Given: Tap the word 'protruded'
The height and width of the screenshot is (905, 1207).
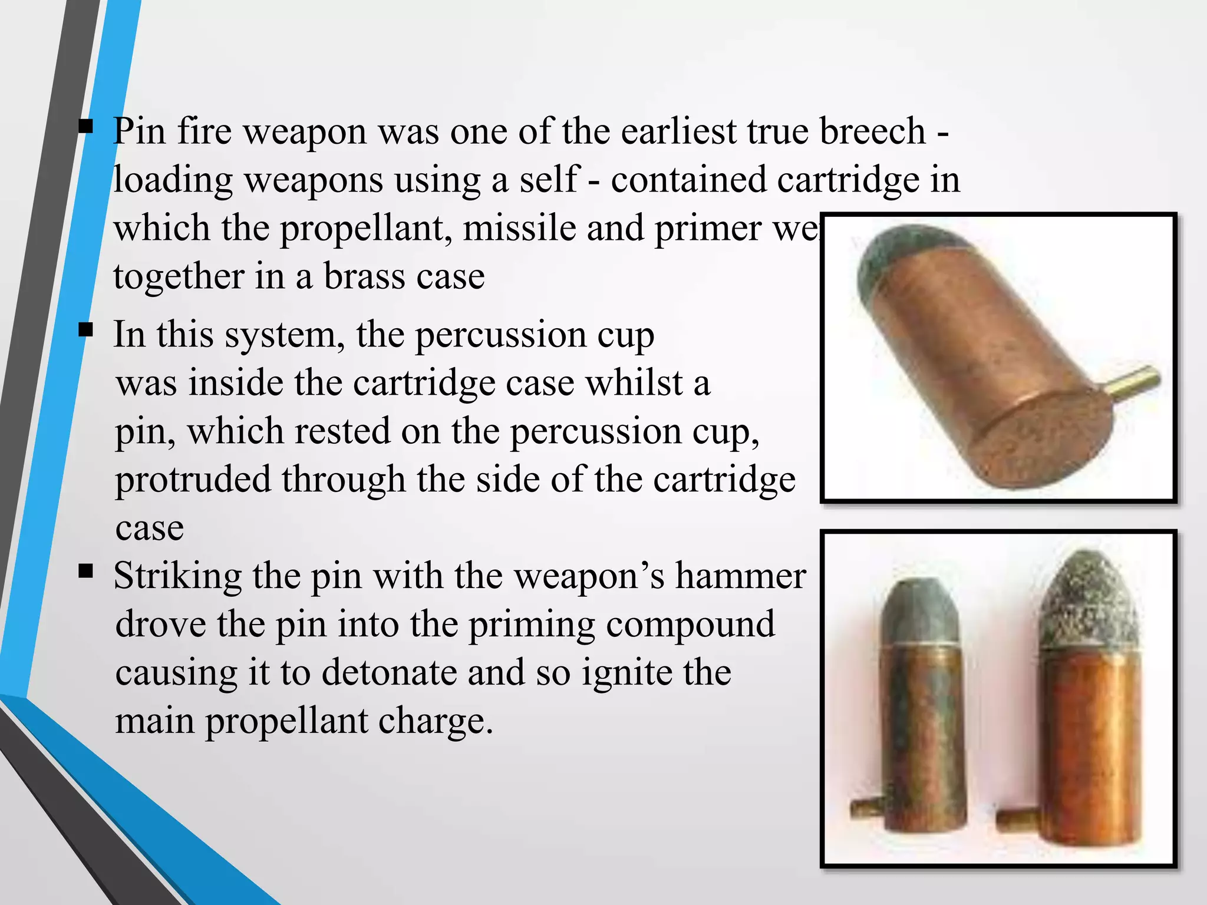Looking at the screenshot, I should point(192,480).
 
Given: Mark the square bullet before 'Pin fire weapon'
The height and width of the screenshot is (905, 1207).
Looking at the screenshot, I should point(85,127).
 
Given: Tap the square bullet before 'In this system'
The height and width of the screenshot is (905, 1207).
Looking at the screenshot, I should point(85,330).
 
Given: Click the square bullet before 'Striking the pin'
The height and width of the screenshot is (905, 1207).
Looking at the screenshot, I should point(85,570).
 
